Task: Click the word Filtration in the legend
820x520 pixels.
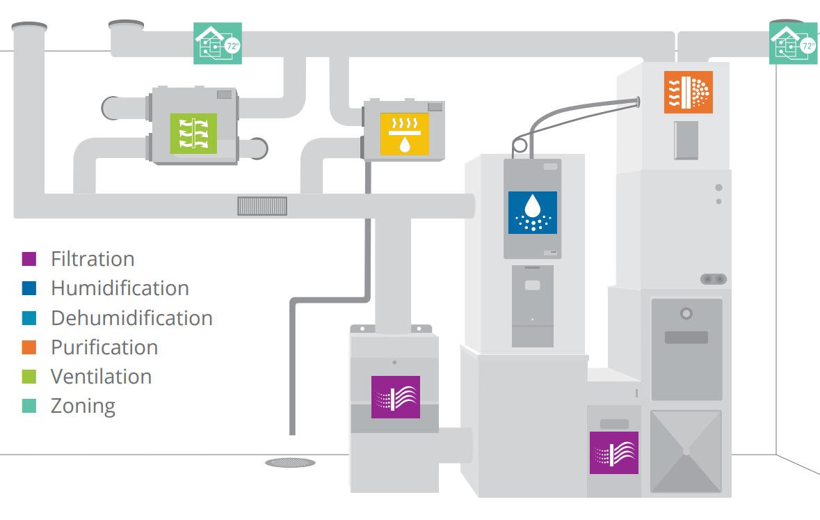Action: pos(93,259)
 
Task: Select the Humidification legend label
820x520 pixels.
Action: pos(120,288)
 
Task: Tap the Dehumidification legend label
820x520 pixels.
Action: pos(131,317)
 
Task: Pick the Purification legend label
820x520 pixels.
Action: pos(104,347)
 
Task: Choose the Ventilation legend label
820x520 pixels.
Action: pos(101,376)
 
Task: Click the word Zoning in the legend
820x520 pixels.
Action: pos(83,405)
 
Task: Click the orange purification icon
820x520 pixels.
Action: pos(688,92)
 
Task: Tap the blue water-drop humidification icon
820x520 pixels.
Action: pos(532,212)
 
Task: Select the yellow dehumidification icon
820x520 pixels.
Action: pos(404,134)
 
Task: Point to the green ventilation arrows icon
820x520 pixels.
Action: pos(193,133)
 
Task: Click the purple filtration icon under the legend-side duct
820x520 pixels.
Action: pos(395,397)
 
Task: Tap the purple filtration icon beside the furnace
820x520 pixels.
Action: pos(613,452)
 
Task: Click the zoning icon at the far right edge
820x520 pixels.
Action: pos(794,43)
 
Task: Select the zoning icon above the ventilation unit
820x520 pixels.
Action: pos(218,43)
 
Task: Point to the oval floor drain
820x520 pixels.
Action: pos(290,462)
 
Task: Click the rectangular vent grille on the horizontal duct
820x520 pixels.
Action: pos(262,206)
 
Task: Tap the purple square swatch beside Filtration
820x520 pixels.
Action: pos(29,259)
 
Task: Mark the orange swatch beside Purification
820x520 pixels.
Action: pos(29,347)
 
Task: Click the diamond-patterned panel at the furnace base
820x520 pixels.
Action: pos(686,451)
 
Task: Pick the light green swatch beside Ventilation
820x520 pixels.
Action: pos(29,376)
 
